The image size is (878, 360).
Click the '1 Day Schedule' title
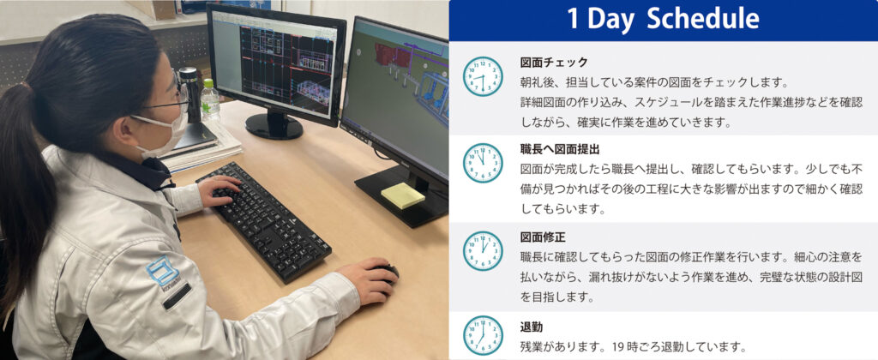(x=663, y=20)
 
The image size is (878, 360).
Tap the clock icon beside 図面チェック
(x=483, y=76)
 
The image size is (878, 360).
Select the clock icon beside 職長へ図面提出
(x=483, y=163)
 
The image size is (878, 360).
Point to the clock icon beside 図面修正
(x=483, y=250)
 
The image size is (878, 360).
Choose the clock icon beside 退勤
(x=483, y=335)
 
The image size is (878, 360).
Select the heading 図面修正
(x=539, y=237)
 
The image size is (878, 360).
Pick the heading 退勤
(x=532, y=327)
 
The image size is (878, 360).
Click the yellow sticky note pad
(x=402, y=195)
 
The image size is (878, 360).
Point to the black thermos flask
(x=189, y=94)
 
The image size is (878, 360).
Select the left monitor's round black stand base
(x=274, y=127)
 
